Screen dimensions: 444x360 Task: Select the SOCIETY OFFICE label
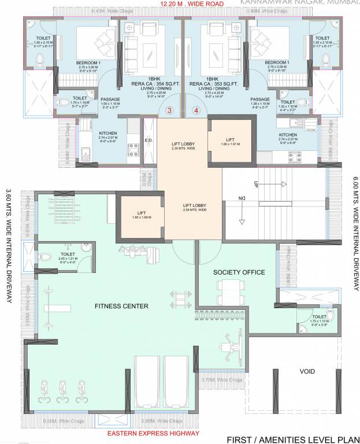point(239,272)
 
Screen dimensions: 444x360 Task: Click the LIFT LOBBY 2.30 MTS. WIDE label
point(183,145)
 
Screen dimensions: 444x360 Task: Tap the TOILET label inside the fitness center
point(68,253)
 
